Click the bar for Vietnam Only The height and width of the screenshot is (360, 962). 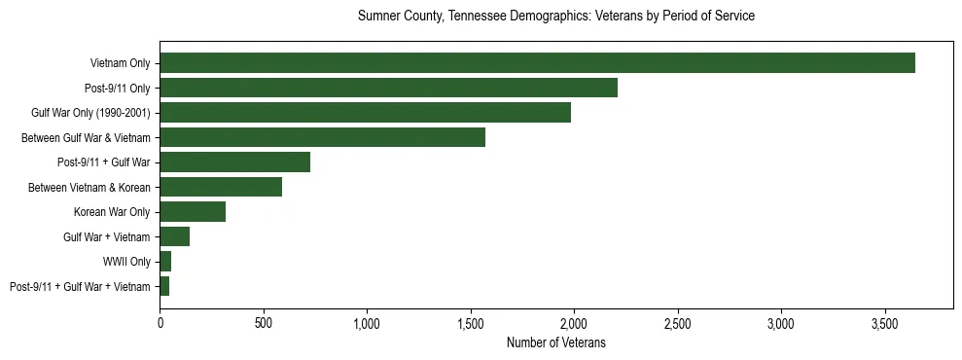pyautogui.click(x=537, y=63)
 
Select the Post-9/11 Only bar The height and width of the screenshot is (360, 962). pyautogui.click(x=388, y=88)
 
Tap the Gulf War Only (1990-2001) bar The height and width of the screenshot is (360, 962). pyautogui.click(x=365, y=113)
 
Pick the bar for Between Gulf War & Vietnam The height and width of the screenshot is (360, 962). pyautogui.click(x=322, y=137)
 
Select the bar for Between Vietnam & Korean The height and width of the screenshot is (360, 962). pyautogui.click(x=221, y=187)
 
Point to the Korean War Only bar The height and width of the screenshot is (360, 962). pyautogui.click(x=193, y=212)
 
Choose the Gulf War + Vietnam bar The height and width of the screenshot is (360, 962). pyautogui.click(x=174, y=236)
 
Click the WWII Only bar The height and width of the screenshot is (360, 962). pyautogui.click(x=165, y=262)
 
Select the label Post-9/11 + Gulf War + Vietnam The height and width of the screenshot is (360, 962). pyautogui.click(x=80, y=286)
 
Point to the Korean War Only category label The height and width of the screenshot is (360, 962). pyautogui.click(x=112, y=212)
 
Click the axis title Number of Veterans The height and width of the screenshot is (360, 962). pyautogui.click(x=555, y=342)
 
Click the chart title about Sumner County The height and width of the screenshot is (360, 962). pyautogui.click(x=555, y=17)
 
